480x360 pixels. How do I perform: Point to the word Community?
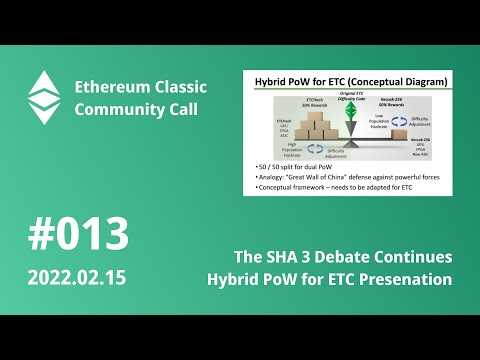click(122, 108)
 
